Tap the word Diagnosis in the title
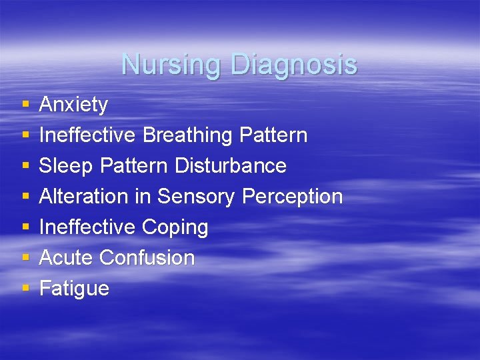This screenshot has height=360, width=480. point(294,65)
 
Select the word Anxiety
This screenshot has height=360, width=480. point(73,105)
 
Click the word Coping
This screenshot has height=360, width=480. point(175,227)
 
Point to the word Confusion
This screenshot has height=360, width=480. point(147,258)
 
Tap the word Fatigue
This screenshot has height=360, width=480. point(74,289)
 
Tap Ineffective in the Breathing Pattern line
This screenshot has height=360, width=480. point(87,135)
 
